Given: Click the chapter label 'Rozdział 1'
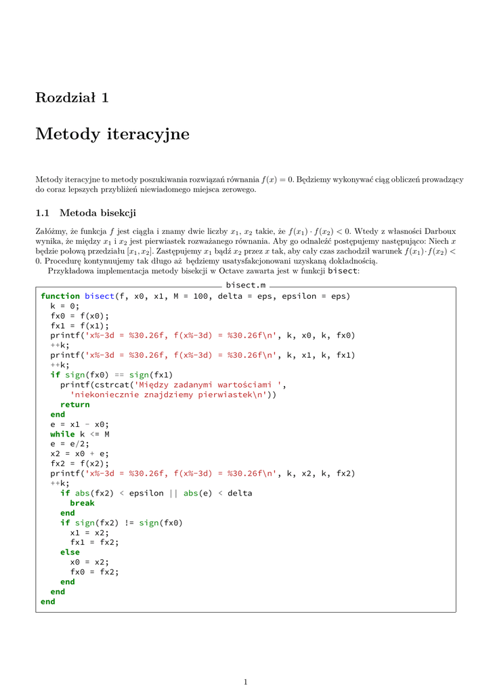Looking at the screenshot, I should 72,98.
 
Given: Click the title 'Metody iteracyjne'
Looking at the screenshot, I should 112,134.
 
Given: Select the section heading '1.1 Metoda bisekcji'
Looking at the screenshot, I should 86,213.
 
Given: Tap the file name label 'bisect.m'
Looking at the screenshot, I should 246,285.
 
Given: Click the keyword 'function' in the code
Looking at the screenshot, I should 60,296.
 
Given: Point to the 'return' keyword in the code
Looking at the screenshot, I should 74,405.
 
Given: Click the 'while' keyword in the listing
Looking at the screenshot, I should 62,434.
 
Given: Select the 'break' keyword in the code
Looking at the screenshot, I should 82,504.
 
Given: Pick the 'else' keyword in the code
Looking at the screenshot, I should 70,552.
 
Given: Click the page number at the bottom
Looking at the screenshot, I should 246,682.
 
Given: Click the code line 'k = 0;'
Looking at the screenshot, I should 65,306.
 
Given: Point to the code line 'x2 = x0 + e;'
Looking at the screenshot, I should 79,454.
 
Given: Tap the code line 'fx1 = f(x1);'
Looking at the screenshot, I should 79,325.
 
